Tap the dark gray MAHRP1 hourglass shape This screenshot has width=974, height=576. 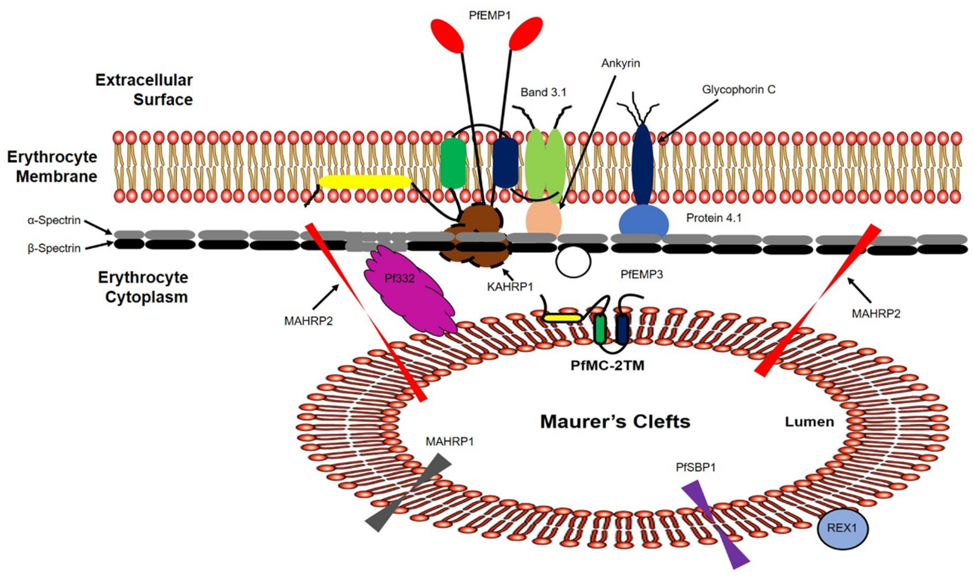click(409, 492)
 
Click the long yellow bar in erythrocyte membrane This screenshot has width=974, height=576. click(365, 182)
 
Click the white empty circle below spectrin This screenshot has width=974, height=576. click(573, 262)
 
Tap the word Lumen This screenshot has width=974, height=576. click(809, 422)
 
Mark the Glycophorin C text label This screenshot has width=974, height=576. click(738, 90)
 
